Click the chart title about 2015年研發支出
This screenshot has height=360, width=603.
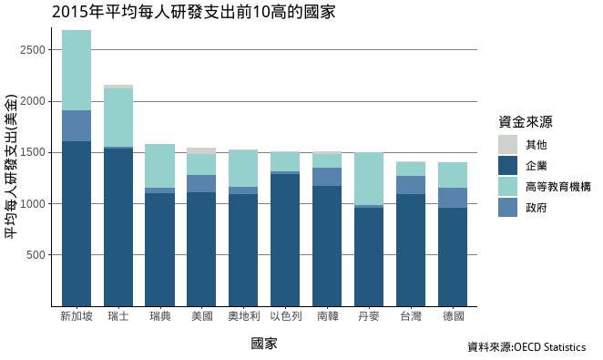193,13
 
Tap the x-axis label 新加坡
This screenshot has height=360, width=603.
77,317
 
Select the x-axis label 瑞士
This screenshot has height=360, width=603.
118,317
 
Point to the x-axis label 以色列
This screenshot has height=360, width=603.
285,317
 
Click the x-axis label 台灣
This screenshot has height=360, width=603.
410,317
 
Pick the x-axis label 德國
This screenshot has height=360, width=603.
453,317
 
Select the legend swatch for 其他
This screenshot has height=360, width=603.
508,144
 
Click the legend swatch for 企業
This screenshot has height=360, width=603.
508,165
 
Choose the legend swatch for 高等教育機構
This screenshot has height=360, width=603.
508,186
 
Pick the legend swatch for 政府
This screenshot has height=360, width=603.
508,207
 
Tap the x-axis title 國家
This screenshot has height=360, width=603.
264,344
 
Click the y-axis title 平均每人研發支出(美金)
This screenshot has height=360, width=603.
12,168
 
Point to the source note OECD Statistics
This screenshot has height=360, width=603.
526,347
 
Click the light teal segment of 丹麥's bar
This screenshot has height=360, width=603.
369,179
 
